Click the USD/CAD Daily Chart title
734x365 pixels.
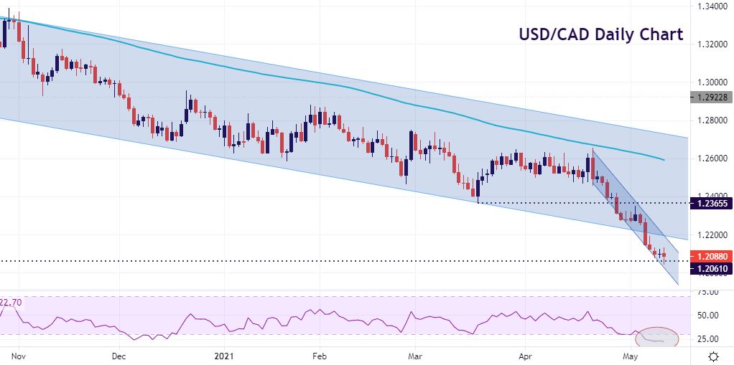[x=600, y=34]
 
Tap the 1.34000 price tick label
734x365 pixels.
[x=710, y=6]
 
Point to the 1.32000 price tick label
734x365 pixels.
[x=710, y=44]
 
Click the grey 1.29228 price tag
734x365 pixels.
[x=710, y=98]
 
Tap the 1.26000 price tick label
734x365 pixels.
[x=710, y=158]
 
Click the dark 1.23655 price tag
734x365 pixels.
[x=710, y=204]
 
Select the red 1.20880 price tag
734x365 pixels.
[x=710, y=256]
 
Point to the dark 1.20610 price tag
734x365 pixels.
[x=710, y=268]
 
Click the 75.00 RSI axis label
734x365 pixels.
[x=708, y=292]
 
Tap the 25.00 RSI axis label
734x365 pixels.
[x=708, y=338]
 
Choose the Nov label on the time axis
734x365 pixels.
[x=19, y=356]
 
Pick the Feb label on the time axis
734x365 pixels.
[x=320, y=356]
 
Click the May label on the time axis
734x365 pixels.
[x=631, y=356]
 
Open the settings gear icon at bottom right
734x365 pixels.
[x=713, y=356]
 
